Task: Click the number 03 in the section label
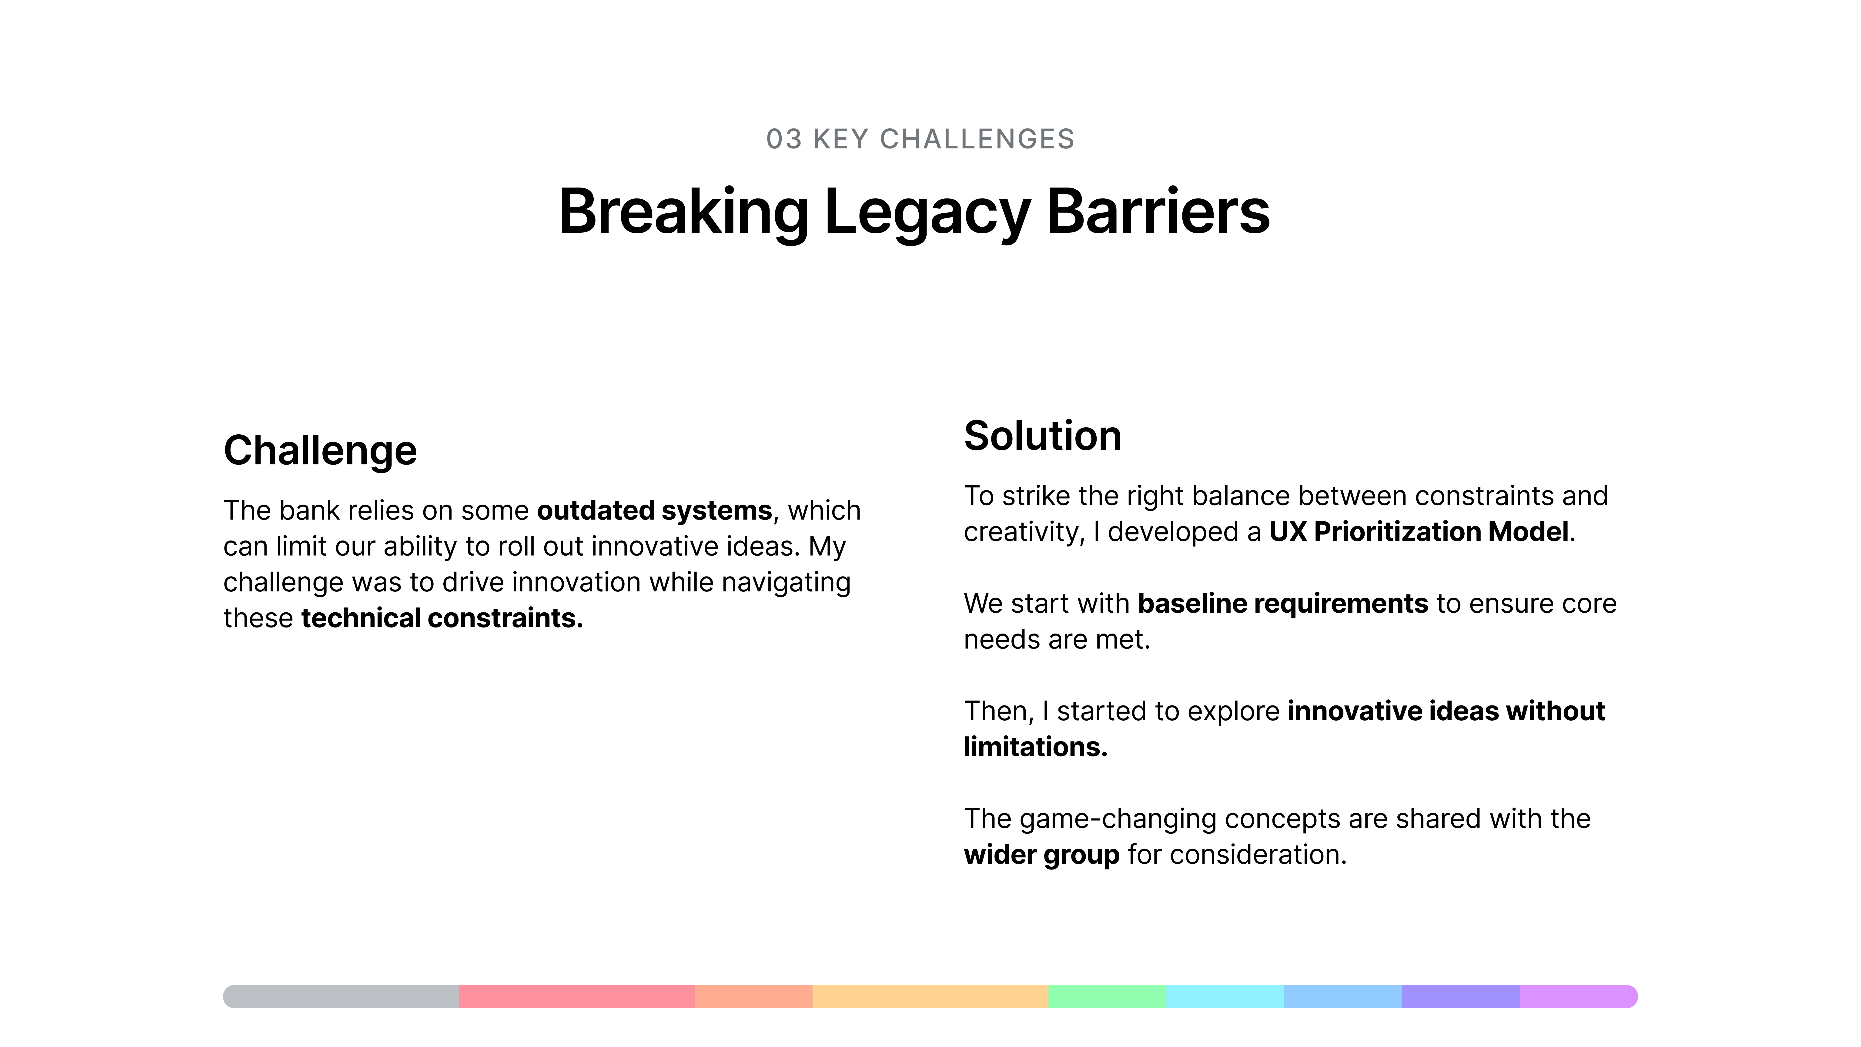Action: [784, 139]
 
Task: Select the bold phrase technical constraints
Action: [442, 618]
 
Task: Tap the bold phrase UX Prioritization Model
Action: [1419, 532]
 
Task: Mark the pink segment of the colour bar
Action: [576, 997]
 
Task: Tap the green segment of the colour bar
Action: [1108, 997]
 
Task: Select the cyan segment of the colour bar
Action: [1225, 997]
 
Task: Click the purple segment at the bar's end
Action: [1579, 997]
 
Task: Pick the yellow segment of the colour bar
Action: [930, 997]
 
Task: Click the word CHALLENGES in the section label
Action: [977, 139]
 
